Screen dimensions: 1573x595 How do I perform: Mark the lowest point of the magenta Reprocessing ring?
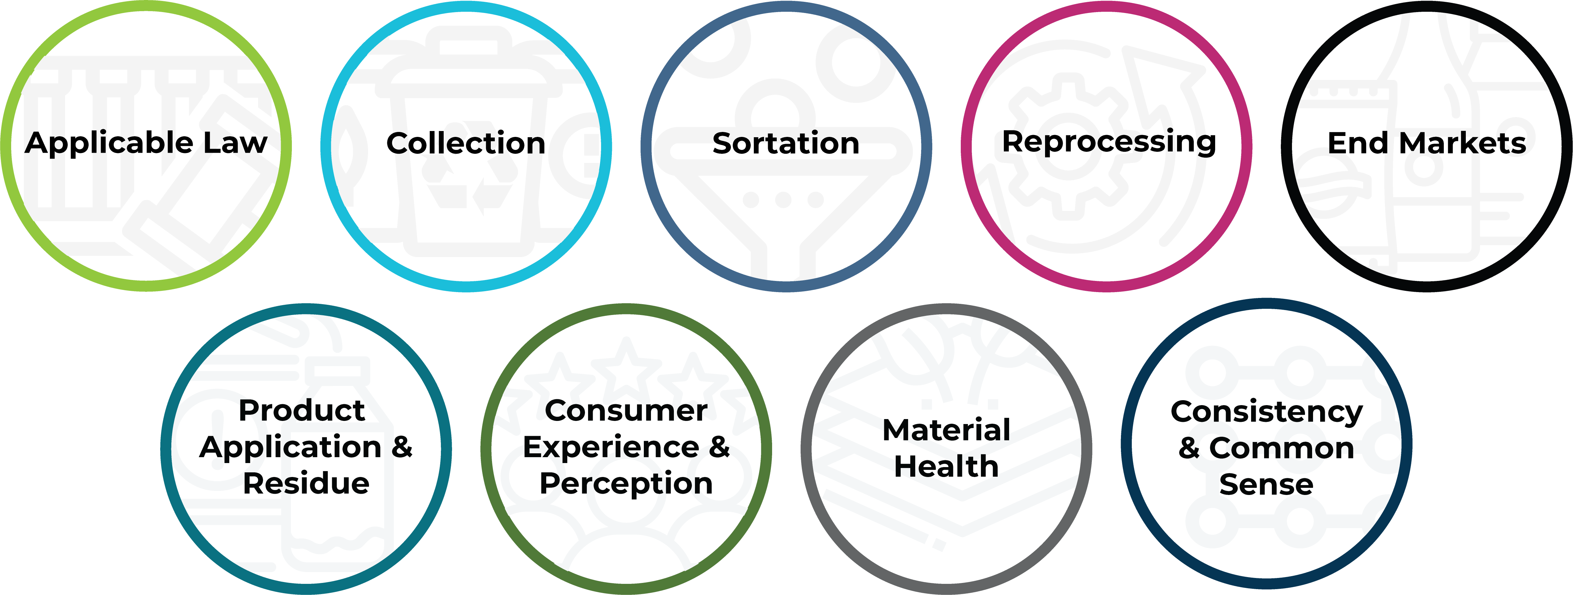(1106, 291)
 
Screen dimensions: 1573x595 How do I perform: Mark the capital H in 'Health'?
(906, 467)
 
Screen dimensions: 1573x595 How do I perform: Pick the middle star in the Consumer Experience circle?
(626, 366)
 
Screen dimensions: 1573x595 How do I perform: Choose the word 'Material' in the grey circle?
(947, 430)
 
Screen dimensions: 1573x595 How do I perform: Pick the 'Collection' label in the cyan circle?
(466, 143)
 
